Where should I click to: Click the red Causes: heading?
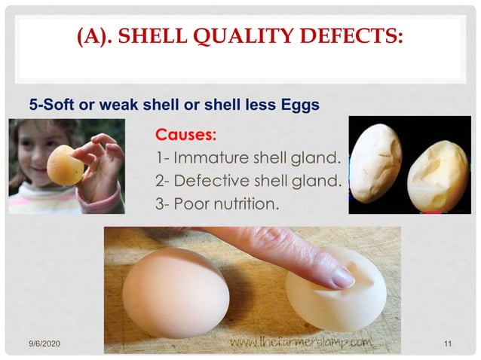pyautogui.click(x=185, y=136)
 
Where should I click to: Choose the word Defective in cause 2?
pyautogui.click(x=209, y=182)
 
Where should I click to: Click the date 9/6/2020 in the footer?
pyautogui.click(x=44, y=344)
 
